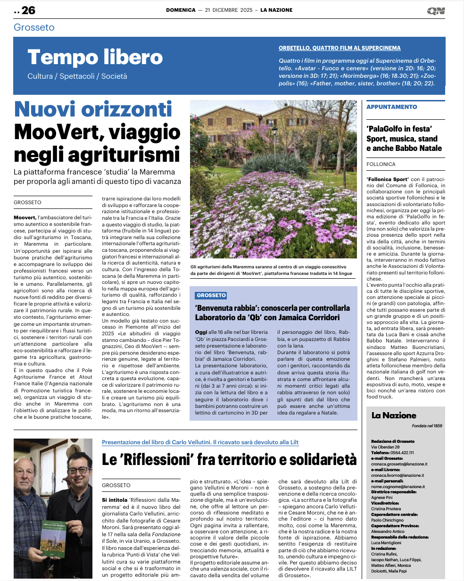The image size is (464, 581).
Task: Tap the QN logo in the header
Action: point(436,11)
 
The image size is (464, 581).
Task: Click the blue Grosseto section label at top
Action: point(34,27)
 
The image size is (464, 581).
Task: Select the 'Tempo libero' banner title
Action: point(95,58)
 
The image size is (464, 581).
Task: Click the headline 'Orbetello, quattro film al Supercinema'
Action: point(340,48)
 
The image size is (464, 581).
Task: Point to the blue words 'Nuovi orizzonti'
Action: point(93,109)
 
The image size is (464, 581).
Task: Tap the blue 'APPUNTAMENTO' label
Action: point(392,107)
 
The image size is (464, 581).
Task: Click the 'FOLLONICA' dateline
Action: point(381,165)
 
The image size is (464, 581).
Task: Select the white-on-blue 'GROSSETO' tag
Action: point(211,296)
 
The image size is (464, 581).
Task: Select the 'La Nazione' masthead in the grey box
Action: point(394,415)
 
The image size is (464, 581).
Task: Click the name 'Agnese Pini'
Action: point(382,498)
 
